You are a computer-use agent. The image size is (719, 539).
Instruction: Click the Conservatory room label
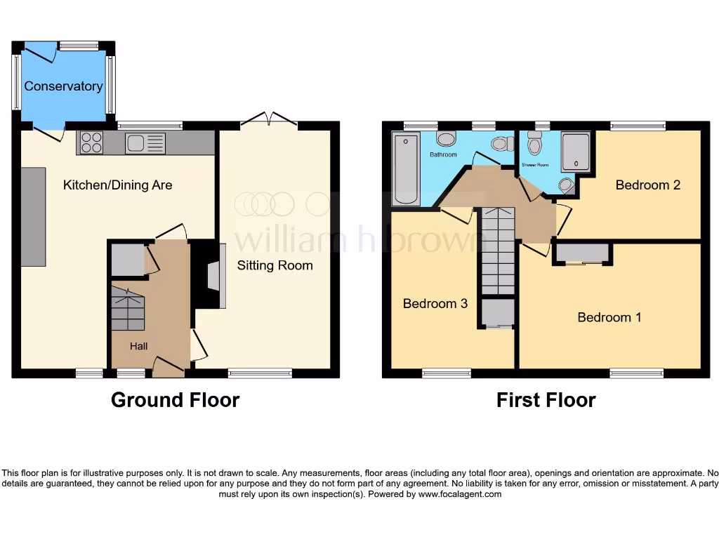63,86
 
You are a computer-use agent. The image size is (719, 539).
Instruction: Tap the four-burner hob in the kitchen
91,143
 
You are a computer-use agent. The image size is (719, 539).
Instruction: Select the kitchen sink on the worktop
145,143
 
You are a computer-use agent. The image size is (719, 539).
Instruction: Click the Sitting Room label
275,265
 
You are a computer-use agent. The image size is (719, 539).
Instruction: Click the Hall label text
138,346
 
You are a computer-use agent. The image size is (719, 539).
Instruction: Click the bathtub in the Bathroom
407,168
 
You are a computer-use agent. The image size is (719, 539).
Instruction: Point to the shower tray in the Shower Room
576,152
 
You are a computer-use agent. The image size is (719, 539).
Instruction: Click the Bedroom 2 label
647,185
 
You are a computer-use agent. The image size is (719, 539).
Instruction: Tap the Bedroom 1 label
609,317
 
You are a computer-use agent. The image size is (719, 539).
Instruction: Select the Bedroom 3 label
435,304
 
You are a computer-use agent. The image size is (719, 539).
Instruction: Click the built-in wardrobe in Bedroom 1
583,253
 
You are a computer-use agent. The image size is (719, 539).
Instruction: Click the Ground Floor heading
175,400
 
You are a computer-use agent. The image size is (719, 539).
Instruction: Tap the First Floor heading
546,400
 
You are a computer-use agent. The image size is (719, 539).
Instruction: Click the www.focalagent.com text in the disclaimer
460,494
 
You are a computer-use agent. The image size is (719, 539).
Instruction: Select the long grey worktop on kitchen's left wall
33,216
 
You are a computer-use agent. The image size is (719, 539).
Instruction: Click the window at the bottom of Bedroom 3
447,373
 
